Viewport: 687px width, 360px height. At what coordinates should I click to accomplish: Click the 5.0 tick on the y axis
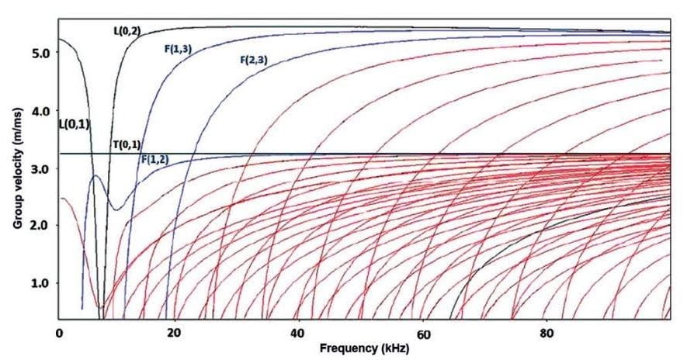[x=40, y=53]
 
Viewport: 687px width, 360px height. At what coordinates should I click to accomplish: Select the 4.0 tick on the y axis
[x=40, y=111]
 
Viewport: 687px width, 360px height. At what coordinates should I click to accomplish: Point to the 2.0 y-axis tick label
[x=40, y=226]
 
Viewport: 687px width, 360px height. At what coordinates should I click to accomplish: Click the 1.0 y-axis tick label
[x=40, y=283]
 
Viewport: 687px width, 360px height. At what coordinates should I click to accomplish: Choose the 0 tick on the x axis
[x=59, y=334]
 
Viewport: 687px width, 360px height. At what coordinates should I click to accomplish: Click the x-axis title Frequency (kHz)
[x=363, y=350]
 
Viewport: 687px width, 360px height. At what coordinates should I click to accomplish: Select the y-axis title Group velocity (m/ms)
[x=16, y=165]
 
